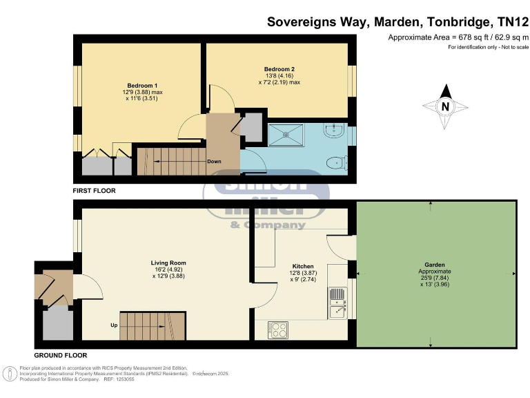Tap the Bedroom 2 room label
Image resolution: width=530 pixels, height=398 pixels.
(x=279, y=69)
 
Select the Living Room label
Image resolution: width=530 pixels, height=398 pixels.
(x=168, y=263)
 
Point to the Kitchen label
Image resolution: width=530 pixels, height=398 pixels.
(x=303, y=266)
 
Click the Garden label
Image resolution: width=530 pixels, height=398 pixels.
(x=435, y=265)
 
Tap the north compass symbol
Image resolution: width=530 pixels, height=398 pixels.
(x=445, y=106)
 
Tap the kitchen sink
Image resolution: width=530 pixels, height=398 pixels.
(x=337, y=304)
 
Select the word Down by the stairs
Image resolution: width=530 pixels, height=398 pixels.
(x=214, y=162)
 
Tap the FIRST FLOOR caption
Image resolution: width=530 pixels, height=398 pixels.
(x=95, y=190)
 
